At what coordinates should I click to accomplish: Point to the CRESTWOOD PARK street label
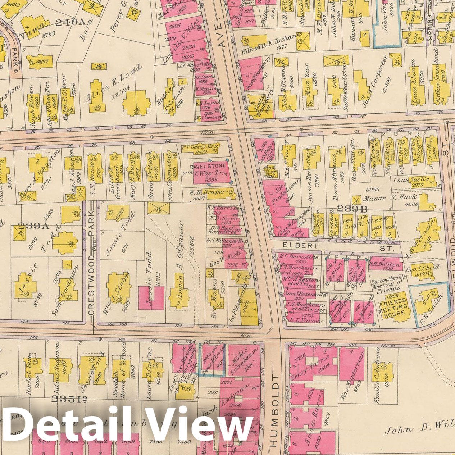click(91, 262)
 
